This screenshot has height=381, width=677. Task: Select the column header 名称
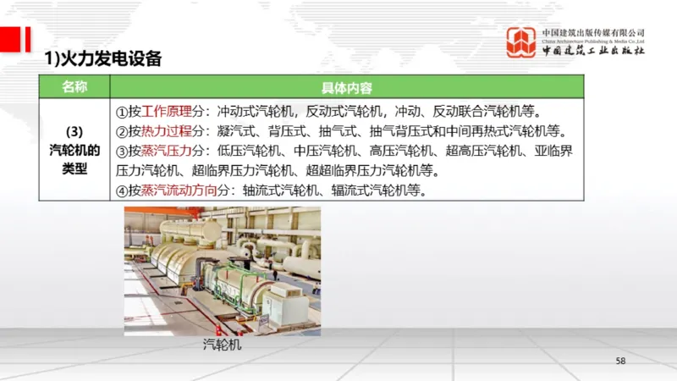tap(74, 87)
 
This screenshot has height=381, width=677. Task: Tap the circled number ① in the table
tap(121, 112)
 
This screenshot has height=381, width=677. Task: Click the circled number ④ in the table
tap(121, 190)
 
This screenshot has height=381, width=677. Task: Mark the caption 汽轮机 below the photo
tap(222, 345)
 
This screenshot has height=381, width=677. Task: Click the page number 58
tap(620, 362)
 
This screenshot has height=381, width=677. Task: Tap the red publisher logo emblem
tap(520, 42)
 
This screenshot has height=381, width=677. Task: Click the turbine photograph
tap(223, 271)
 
